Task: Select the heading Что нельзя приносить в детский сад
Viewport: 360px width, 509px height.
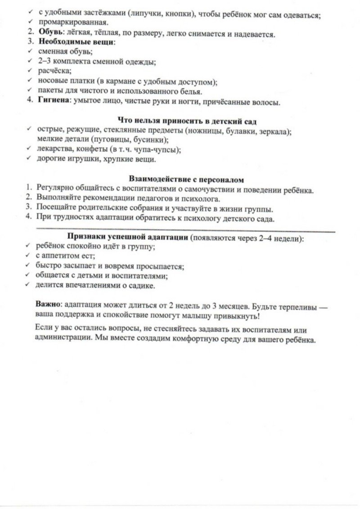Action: click(187, 121)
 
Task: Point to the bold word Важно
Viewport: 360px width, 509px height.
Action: click(47, 304)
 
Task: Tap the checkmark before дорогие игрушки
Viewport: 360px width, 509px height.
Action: click(29, 158)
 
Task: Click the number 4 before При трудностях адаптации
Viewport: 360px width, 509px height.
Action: click(28, 218)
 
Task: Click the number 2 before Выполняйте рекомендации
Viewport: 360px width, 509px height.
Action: click(28, 198)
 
